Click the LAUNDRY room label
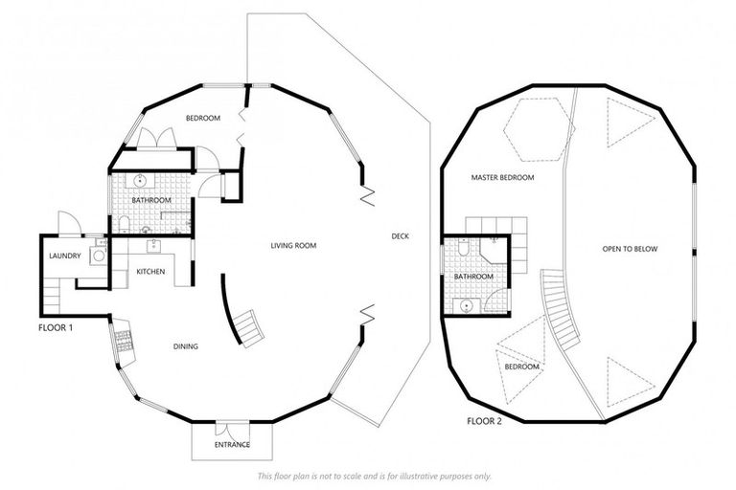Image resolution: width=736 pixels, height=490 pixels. coord(65,256)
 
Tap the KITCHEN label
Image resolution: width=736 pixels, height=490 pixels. coord(150,272)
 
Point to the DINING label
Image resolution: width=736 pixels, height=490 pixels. coord(186,346)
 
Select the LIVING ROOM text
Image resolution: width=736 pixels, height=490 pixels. coord(293,245)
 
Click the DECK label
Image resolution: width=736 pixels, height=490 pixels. coord(400,236)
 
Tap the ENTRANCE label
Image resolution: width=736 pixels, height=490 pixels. coord(232,444)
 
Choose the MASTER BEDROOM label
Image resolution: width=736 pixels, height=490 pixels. coord(502,178)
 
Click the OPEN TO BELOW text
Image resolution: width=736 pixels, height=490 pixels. coord(630,249)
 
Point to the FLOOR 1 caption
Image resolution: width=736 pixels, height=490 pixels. coord(56,327)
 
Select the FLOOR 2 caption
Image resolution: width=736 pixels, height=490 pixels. coord(484,421)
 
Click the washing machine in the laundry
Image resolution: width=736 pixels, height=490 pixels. coord(99,256)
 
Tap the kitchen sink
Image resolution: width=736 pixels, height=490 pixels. coord(153,245)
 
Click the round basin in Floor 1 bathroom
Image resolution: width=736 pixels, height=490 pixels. coord(140,180)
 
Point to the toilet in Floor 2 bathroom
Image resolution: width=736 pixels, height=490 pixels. coord(463,247)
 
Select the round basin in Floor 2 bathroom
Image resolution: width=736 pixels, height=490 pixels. coord(466,306)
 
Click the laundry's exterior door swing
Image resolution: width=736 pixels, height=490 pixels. coord(69,223)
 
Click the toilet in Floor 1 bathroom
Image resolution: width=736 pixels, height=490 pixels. coord(124,225)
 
